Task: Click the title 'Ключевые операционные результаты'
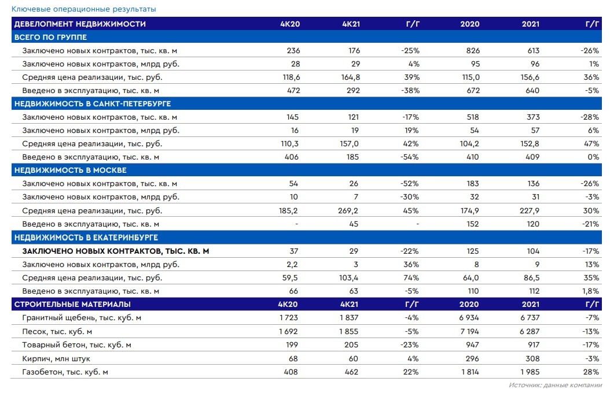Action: coord(83,9)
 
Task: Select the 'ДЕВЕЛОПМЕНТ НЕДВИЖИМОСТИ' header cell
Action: coord(80,24)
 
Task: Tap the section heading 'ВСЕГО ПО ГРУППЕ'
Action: coord(50,37)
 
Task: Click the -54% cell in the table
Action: coord(410,157)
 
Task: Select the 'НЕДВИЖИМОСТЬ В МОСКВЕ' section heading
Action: coord(70,170)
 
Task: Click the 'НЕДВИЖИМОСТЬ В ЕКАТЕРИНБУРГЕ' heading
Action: coord(86,238)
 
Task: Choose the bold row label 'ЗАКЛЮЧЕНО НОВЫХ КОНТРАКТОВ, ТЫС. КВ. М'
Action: coord(116,251)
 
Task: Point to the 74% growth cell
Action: coord(411,278)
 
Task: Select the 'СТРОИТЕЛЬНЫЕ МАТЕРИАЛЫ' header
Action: coord(72,304)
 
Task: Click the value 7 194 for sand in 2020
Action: coord(469,332)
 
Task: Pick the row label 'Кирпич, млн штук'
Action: coord(56,359)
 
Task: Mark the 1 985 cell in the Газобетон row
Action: coord(529,372)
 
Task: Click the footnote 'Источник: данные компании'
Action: coord(554,385)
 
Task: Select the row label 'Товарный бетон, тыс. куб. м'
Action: coord(77,345)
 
